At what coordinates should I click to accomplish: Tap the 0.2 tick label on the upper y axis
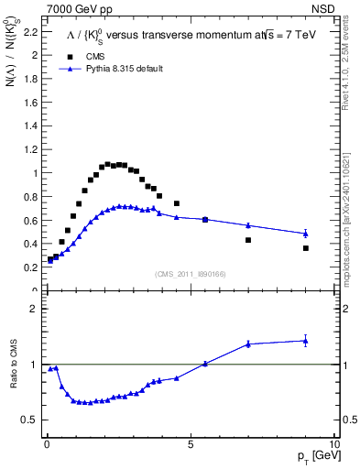pos(29,267)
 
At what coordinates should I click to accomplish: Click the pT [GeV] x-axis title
pos(316,456)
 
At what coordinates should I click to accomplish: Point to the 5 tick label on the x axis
pos(190,442)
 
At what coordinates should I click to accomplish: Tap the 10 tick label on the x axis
pos(333,442)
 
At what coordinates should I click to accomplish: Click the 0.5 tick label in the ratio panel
pos(29,420)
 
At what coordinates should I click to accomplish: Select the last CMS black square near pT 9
pos(306,248)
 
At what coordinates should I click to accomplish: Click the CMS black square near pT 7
pos(248,240)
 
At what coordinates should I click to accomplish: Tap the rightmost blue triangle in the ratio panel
pos(306,341)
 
